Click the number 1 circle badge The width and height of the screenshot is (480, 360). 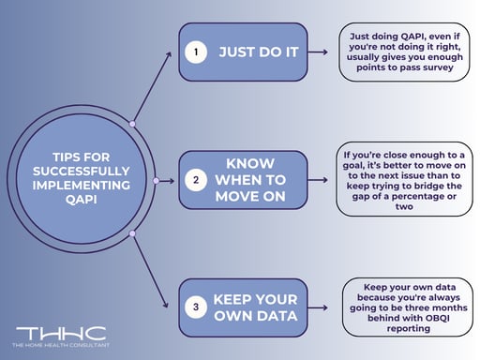[196, 52]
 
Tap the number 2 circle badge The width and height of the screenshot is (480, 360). [196, 178]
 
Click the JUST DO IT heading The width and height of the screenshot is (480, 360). [258, 52]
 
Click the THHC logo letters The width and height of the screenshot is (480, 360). [60, 334]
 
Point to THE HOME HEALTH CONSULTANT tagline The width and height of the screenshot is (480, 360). [60, 346]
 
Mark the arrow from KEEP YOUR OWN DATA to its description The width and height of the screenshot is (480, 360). [323, 305]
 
